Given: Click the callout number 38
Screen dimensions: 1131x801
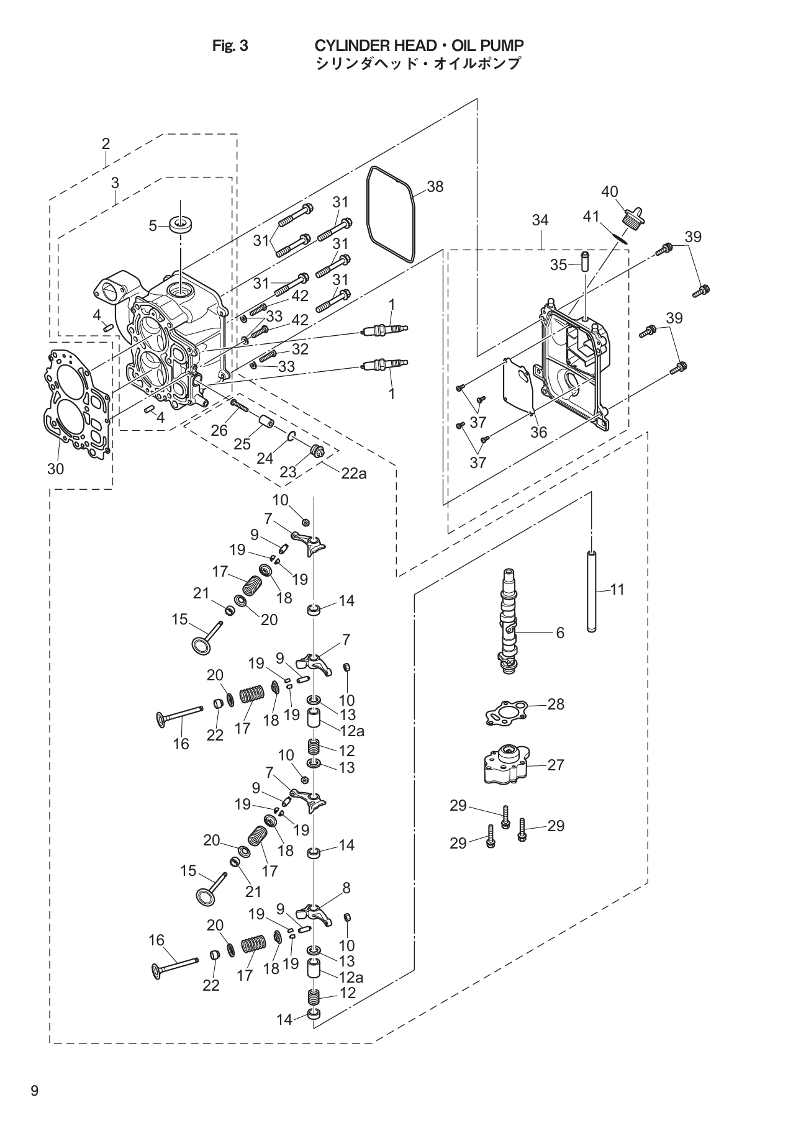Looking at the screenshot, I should (x=435, y=186).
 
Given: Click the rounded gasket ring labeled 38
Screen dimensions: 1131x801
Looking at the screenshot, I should (x=373, y=186).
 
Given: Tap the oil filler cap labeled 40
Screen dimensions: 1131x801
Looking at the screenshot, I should (x=633, y=218).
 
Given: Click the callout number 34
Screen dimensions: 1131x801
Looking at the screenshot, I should (x=540, y=220).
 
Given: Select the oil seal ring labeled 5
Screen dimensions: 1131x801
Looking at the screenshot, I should (x=180, y=225).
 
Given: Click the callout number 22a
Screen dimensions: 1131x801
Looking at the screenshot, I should (x=353, y=474).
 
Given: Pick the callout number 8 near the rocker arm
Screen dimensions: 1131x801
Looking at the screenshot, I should (x=346, y=888).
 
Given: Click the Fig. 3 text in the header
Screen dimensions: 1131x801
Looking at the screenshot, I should (x=230, y=46).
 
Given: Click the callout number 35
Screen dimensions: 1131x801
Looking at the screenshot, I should (x=558, y=265).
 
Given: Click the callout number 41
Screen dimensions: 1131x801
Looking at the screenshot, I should (x=591, y=217).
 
